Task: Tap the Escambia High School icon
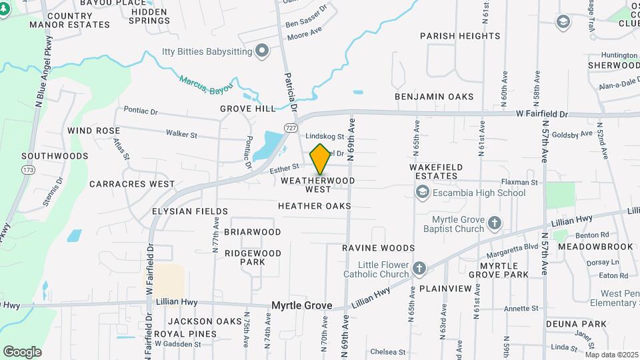[421, 193]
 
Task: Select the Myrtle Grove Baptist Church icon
[494, 222]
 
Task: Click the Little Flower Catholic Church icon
[419, 269]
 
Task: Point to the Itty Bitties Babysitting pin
[262, 51]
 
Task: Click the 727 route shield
[291, 127]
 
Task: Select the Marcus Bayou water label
[207, 83]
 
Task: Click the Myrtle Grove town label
[301, 305]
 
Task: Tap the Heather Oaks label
[315, 206]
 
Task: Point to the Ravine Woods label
[379, 248]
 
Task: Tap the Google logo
[22, 351]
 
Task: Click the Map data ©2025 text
[611, 355]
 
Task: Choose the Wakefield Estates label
[433, 171]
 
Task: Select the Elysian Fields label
[181, 211]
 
